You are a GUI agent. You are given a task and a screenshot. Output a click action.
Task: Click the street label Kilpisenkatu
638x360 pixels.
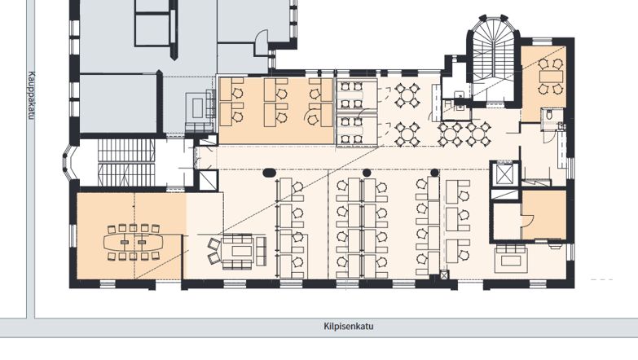point(349,327)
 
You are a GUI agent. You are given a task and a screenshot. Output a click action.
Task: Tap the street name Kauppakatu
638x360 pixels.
point(32,95)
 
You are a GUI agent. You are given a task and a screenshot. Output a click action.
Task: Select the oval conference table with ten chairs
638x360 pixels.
point(133,243)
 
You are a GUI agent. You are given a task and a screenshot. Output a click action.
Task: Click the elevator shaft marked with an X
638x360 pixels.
point(504,173)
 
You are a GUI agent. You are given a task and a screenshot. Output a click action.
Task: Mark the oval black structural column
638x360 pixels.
point(269,173)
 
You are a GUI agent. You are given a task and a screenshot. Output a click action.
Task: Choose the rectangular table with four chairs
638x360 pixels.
point(551,76)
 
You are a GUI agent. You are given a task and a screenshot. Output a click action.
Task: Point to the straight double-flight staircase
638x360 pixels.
point(126,162)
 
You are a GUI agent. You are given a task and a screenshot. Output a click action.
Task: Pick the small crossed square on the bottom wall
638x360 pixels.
point(444,275)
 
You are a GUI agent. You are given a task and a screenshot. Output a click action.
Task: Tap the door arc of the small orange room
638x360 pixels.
point(527,220)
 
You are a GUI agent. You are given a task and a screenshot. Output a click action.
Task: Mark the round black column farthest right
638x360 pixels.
point(434,173)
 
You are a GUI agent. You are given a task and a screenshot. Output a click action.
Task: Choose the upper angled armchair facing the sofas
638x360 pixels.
point(214,245)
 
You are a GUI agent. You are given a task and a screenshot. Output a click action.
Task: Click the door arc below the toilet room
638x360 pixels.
point(549,136)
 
